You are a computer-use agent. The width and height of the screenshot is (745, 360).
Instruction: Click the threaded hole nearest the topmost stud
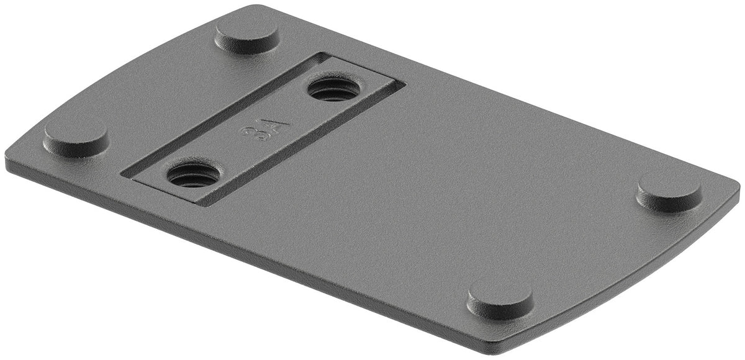[334, 89]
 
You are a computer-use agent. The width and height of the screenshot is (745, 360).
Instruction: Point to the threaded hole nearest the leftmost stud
[193, 175]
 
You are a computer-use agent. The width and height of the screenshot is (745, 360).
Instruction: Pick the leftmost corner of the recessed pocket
[124, 173]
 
